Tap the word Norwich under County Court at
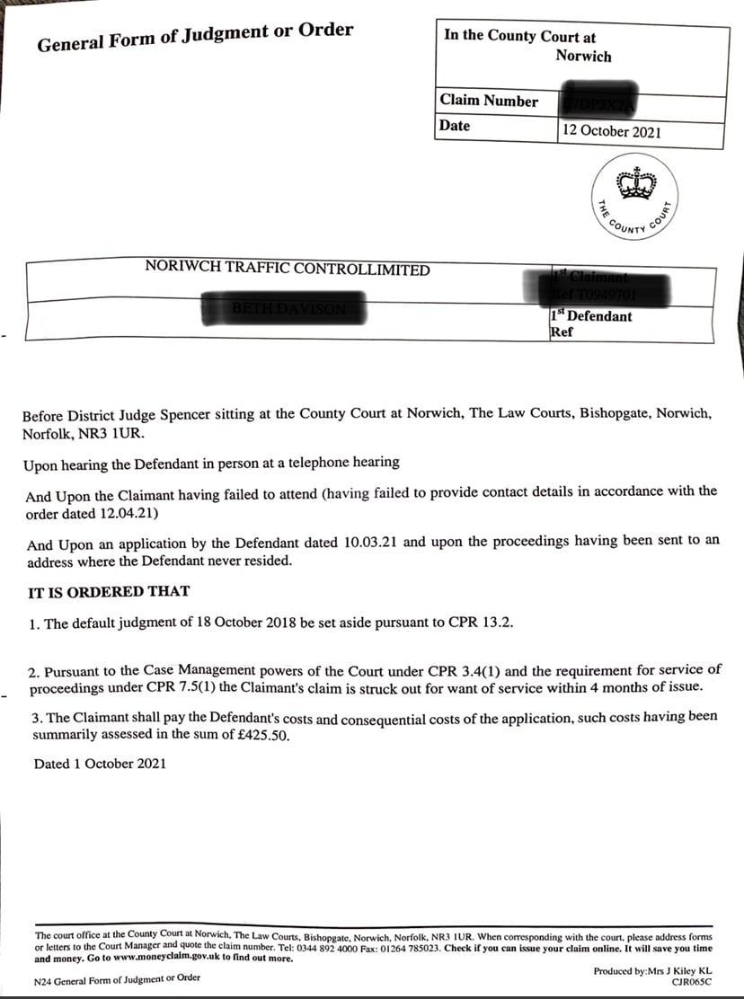(583, 56)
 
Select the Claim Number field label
(489, 102)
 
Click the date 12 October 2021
(612, 131)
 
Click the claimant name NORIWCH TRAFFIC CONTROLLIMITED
(288, 270)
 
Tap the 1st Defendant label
(590, 316)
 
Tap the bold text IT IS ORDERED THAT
(110, 592)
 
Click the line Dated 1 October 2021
(100, 764)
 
